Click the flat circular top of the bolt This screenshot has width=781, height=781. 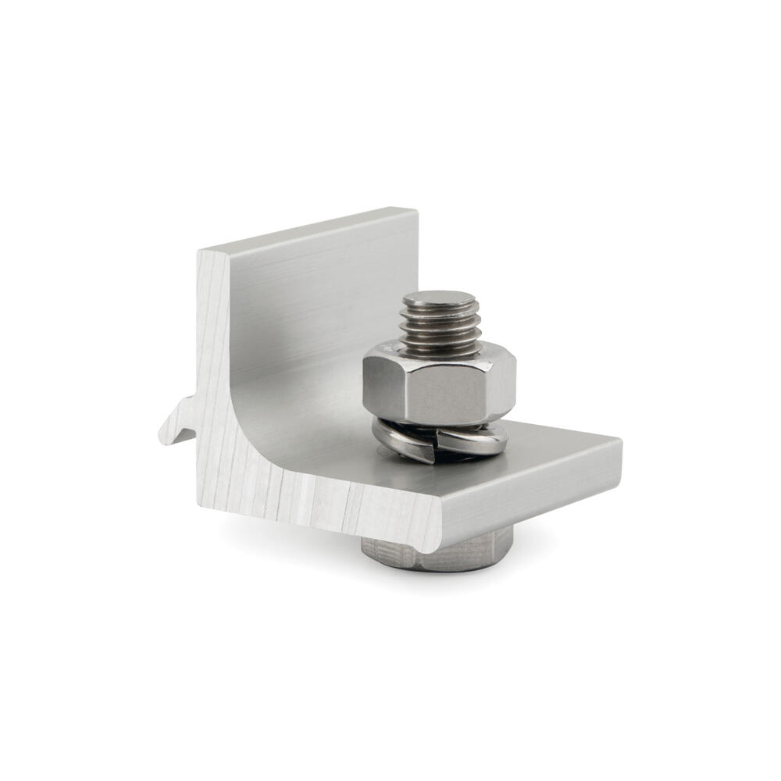[x=440, y=299]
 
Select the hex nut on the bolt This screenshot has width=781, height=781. [x=440, y=387]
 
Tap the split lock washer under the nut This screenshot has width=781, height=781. [x=442, y=441]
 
